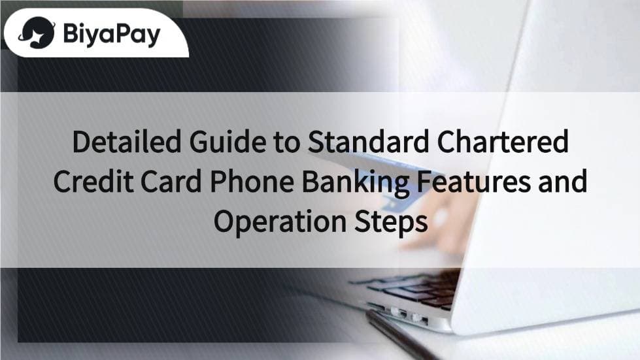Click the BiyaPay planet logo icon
tap(37, 33)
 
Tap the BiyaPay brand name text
tap(112, 34)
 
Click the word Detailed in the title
tap(126, 142)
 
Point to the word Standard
tap(368, 142)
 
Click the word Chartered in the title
tap(503, 142)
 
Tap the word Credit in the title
tap(93, 182)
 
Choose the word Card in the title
tap(171, 182)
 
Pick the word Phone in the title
tap(252, 182)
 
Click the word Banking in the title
tap(356, 184)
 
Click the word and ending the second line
tap(563, 182)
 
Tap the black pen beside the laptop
tap(404, 335)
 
